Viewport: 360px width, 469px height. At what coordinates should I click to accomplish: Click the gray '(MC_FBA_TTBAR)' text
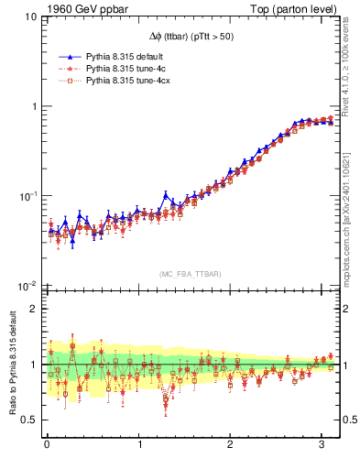tap(191, 273)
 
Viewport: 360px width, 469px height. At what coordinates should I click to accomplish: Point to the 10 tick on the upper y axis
tap(29, 16)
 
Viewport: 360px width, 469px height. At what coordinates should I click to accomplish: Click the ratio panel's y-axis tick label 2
tap(32, 309)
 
